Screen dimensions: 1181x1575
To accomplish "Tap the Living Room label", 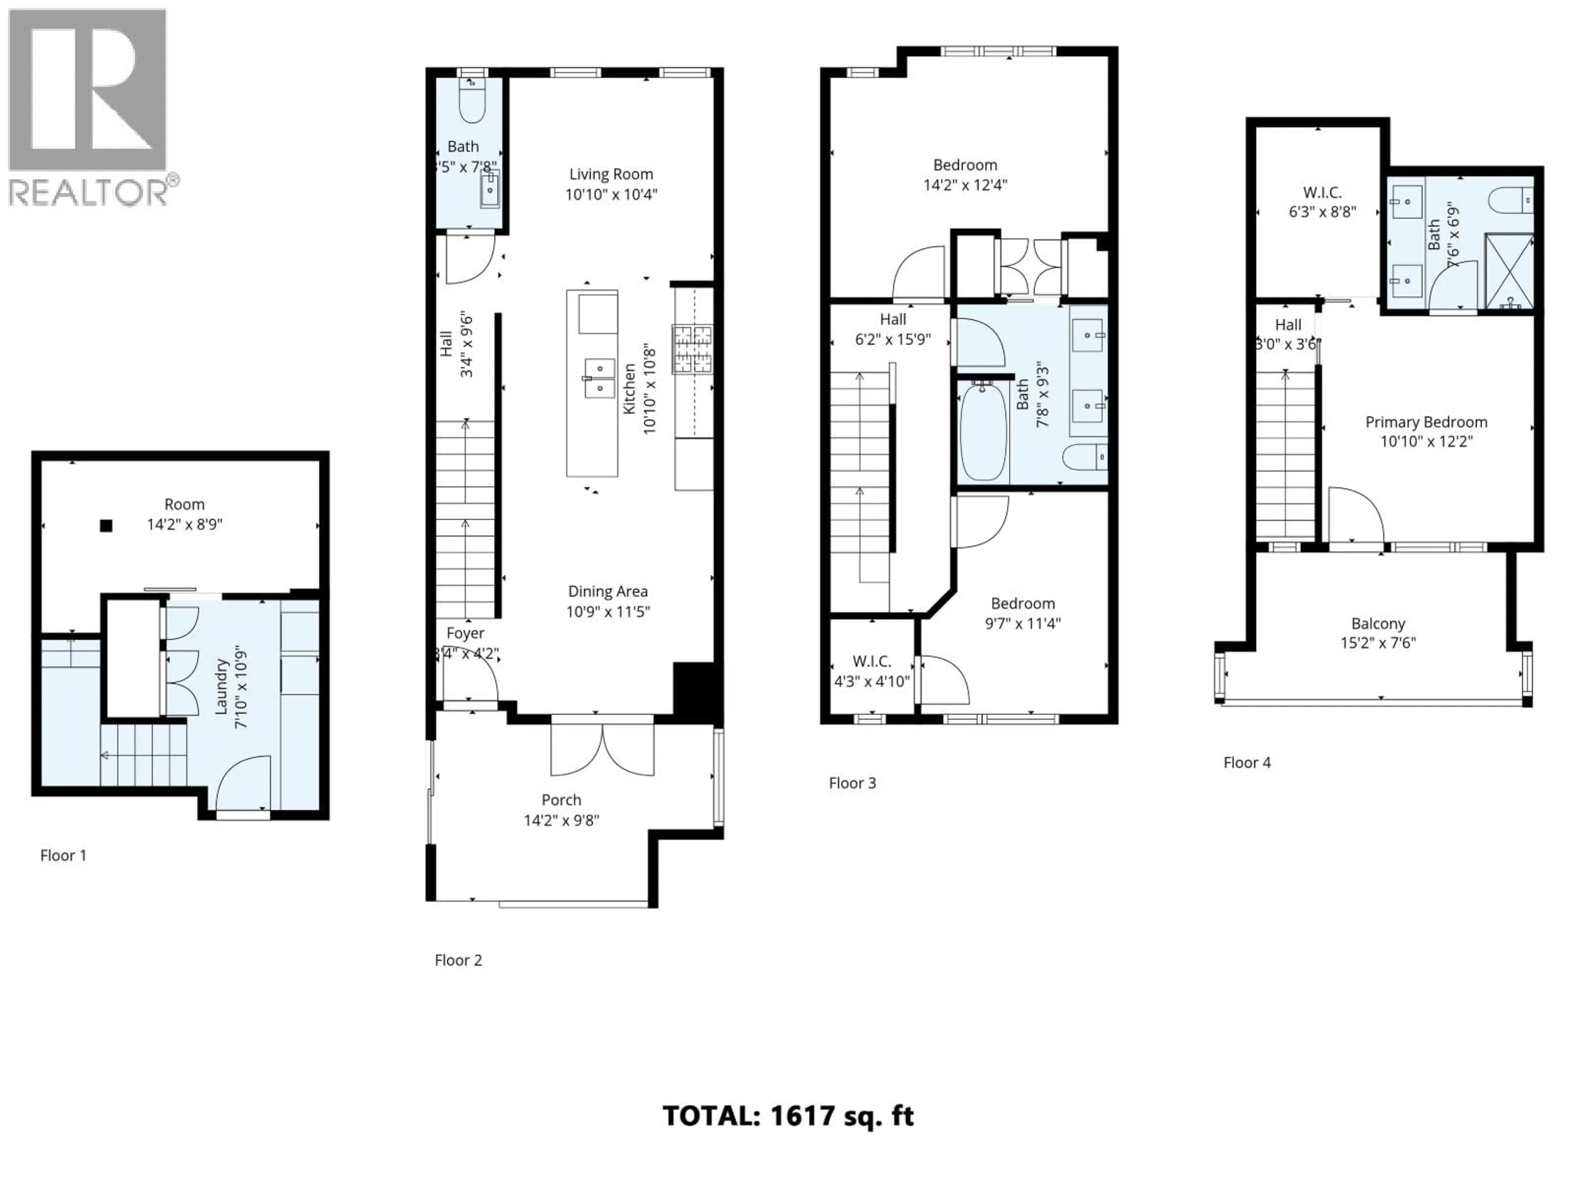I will (611, 174).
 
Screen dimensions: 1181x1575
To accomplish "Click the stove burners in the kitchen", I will (692, 349).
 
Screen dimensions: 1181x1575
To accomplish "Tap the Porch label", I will (561, 800).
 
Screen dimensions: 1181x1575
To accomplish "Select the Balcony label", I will (1378, 624).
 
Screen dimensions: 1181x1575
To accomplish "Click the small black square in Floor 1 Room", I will (106, 526).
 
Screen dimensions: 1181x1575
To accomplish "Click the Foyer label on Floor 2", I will (465, 633).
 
